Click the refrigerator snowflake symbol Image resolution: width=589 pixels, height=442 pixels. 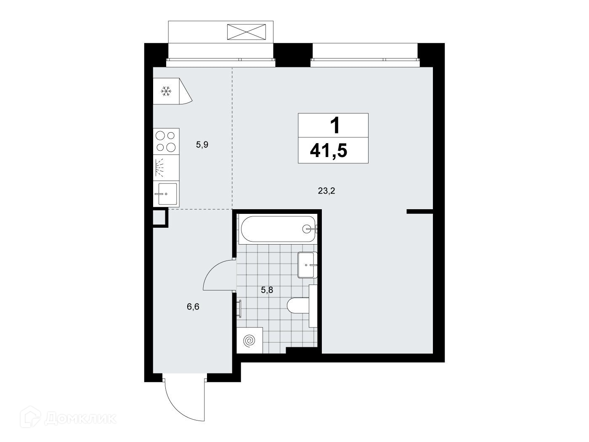pos(166,91)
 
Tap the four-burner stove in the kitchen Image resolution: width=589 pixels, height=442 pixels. pos(166,141)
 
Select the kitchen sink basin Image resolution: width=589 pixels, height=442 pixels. pos(167,194)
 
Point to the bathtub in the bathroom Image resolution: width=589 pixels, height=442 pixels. pos(278,229)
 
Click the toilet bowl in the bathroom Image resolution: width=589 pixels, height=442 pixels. pos(298,306)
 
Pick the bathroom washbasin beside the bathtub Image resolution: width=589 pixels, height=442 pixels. pos(307,265)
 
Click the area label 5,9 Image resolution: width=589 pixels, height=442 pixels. pos(202,145)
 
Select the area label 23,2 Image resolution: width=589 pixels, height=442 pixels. pos(326,191)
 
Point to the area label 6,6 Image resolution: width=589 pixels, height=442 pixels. pos(193,306)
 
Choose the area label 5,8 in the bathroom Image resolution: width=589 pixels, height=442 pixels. pos(267,290)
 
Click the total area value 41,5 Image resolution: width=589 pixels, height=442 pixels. pos(329,151)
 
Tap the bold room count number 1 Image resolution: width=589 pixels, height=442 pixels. pos(335,125)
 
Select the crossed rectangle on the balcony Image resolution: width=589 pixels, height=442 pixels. pos(247,32)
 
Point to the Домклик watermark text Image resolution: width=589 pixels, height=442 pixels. pos(80,418)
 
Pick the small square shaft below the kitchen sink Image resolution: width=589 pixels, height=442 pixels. pos(159,218)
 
